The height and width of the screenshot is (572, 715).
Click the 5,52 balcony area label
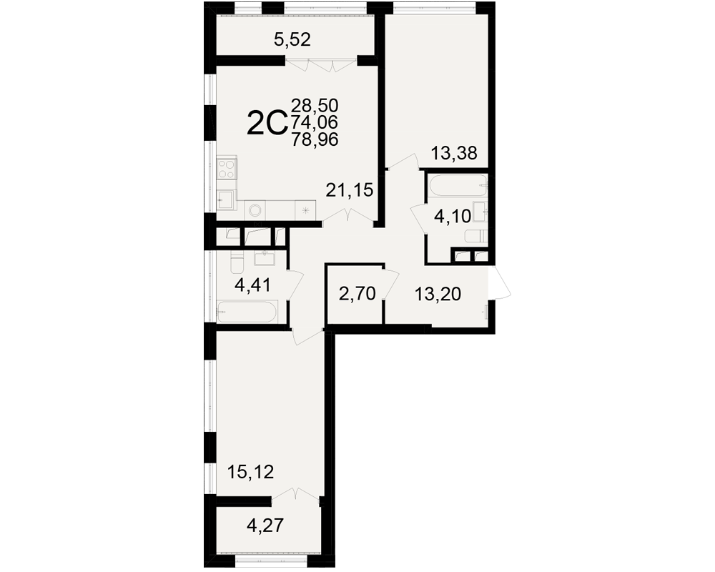pyautogui.click(x=292, y=40)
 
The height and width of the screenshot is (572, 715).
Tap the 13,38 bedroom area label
pyautogui.click(x=454, y=153)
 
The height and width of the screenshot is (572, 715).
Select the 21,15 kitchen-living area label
pyautogui.click(x=350, y=189)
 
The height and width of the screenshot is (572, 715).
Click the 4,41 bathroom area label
pyautogui.click(x=252, y=285)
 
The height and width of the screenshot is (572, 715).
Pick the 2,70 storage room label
pyautogui.click(x=357, y=294)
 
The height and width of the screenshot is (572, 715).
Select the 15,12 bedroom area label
pyautogui.click(x=250, y=472)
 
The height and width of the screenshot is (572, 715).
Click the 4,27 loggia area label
pyautogui.click(x=265, y=526)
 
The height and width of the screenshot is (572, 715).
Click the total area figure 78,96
pyautogui.click(x=315, y=139)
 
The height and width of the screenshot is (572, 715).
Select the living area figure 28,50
pyautogui.click(x=315, y=106)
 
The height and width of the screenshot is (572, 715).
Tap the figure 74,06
pyautogui.click(x=315, y=122)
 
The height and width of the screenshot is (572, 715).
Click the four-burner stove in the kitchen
pyautogui.click(x=227, y=168)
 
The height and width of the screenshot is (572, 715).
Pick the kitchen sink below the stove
pyautogui.click(x=226, y=199)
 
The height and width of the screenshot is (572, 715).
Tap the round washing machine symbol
pyautogui.click(x=255, y=210)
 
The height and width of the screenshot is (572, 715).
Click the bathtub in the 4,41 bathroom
pyautogui.click(x=246, y=312)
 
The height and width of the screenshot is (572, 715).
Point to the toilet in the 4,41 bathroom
pyautogui.click(x=237, y=262)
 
